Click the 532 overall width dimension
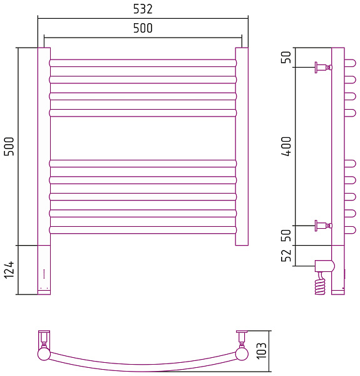(143, 9)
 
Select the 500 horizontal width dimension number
(143, 28)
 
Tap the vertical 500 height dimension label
(9, 146)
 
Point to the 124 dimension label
(9, 270)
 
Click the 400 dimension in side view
(286, 146)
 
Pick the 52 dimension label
(286, 256)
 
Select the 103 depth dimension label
(262, 351)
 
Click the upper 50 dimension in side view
(286, 57)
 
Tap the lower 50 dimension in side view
(286, 235)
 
